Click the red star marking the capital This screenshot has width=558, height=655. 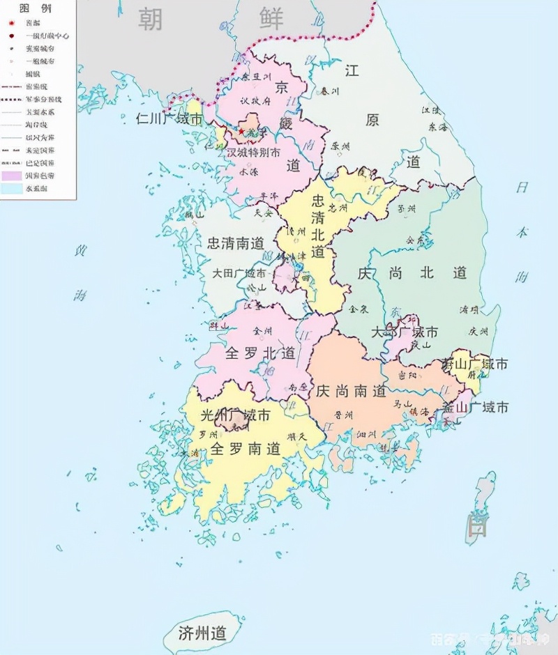241,132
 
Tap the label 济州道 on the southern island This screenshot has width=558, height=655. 203,633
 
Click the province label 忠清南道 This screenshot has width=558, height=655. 236,243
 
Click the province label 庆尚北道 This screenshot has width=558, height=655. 412,272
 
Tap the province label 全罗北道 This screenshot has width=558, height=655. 259,353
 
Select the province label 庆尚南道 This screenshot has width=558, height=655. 351,392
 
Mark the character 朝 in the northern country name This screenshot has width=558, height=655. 150,19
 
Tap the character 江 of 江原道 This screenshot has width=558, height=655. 352,70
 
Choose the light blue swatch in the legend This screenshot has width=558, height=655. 12,188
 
